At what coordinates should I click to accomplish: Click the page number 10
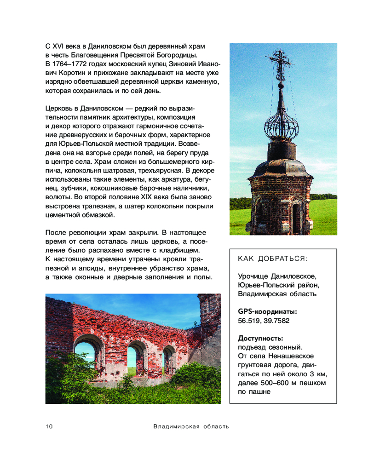[49, 426]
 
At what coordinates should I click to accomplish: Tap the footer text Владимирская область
[191, 426]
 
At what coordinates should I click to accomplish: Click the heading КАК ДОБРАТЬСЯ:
[272, 259]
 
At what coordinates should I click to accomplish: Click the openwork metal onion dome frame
[281, 122]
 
